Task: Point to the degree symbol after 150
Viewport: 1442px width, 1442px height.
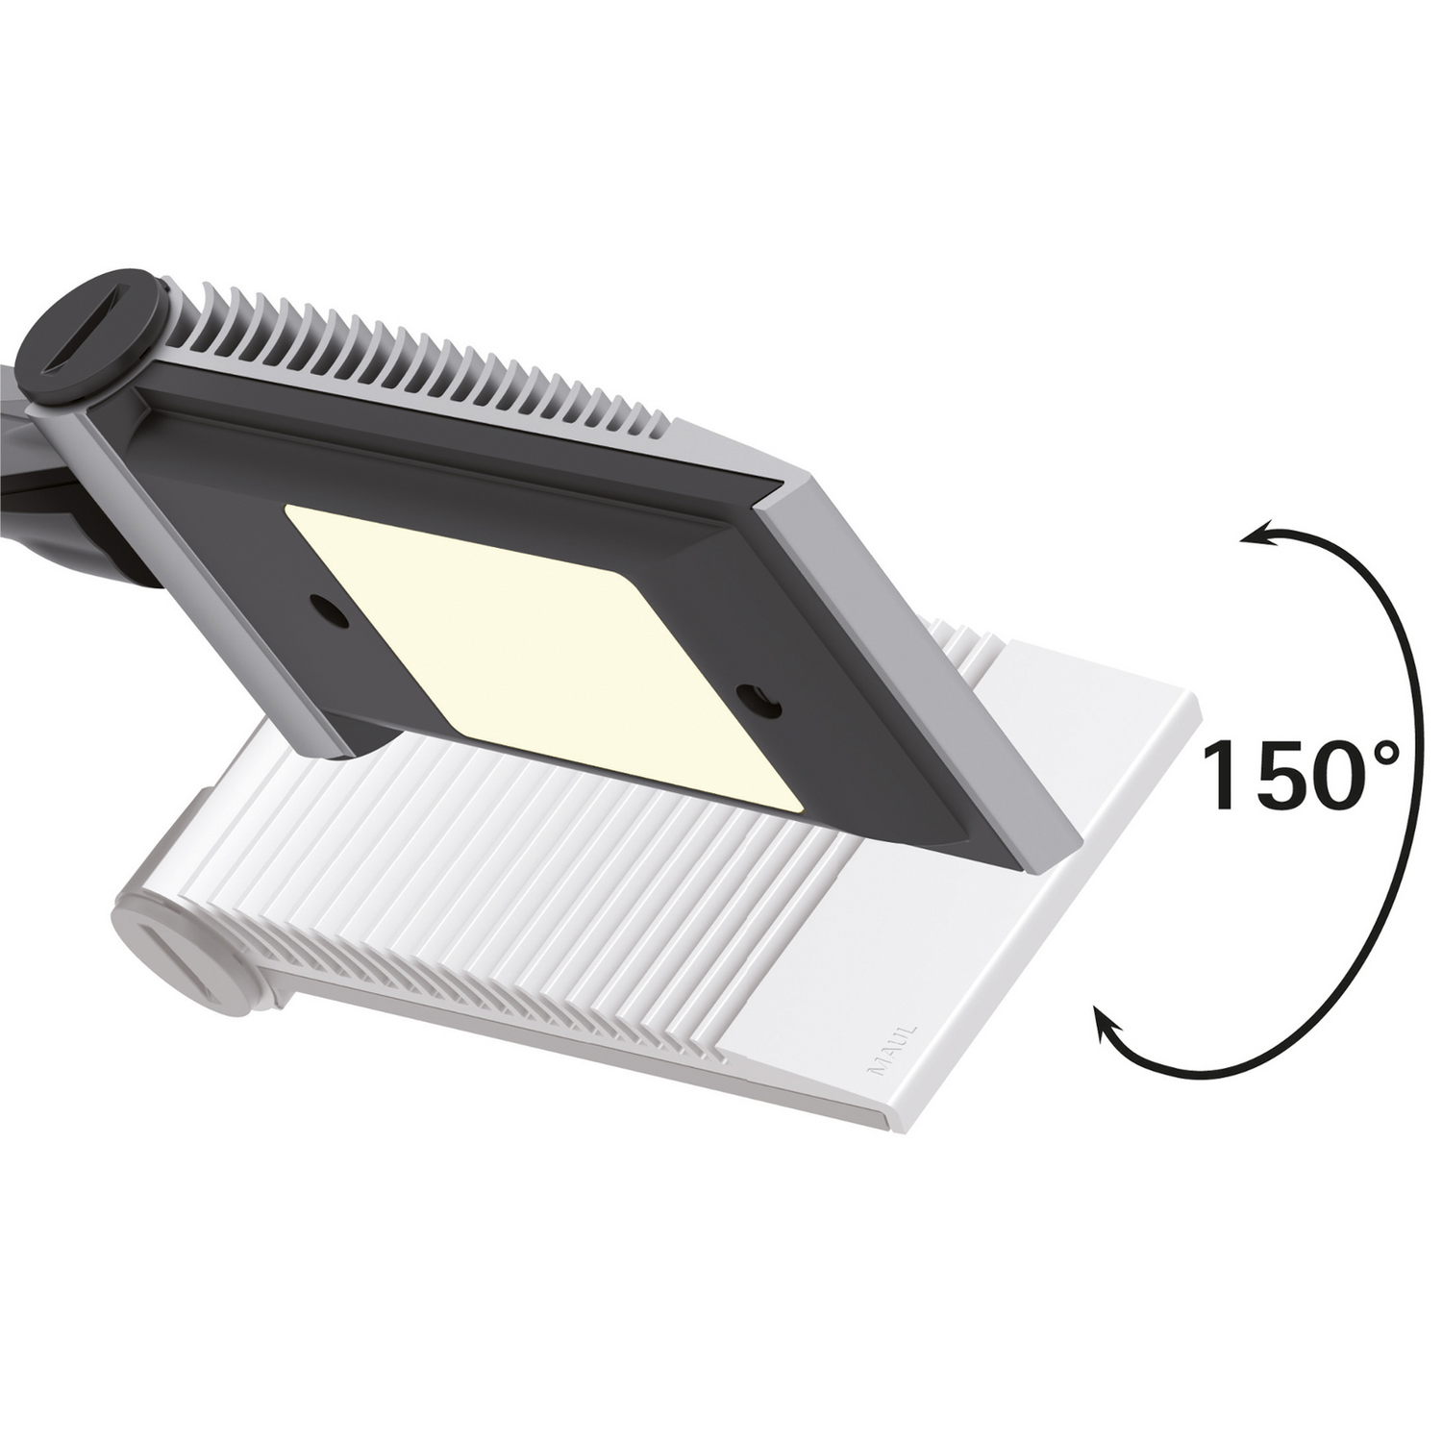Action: point(1380,752)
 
